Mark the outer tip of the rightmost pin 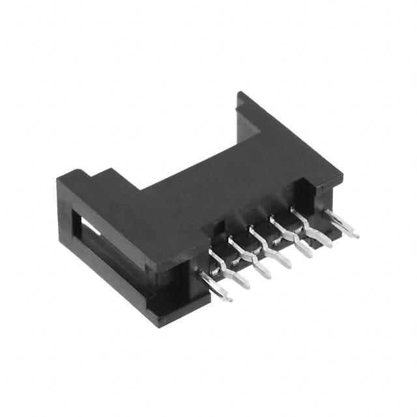tap(356, 235)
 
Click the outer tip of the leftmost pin tap(230, 300)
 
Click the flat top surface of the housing tap(215, 182)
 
